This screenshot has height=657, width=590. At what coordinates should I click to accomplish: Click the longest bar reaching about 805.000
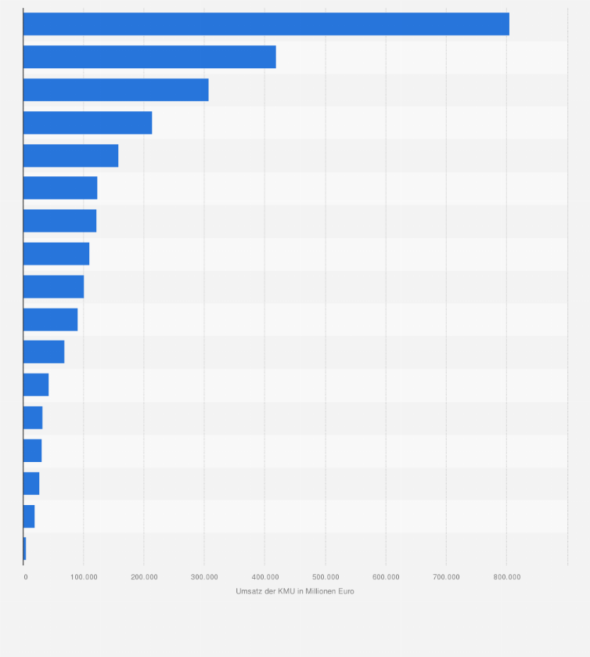click(266, 24)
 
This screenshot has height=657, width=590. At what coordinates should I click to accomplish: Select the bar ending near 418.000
click(149, 57)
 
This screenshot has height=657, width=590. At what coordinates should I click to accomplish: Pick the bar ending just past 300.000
click(116, 90)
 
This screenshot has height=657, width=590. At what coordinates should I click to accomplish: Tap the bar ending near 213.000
click(88, 123)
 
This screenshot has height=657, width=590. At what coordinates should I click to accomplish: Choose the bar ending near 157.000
click(70, 156)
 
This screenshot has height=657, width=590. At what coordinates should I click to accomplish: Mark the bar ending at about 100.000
click(53, 287)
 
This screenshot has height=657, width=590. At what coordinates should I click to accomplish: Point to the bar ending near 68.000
click(44, 352)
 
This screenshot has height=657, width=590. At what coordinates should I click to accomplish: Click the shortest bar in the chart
click(25, 549)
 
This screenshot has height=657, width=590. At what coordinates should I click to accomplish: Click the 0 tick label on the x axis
click(26, 577)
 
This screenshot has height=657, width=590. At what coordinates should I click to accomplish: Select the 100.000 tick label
click(84, 577)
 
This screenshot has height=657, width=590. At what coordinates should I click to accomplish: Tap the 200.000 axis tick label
click(144, 577)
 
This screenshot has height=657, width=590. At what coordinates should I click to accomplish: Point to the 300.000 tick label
click(204, 577)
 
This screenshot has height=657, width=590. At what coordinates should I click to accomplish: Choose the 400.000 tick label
click(264, 577)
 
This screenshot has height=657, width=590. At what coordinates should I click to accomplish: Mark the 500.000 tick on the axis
click(326, 577)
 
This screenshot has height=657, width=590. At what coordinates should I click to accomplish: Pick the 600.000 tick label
click(386, 577)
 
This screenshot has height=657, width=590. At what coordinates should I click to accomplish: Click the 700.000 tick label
click(446, 577)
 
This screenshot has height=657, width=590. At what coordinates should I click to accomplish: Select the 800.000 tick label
click(507, 577)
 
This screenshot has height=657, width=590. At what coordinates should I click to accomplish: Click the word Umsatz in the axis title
click(248, 591)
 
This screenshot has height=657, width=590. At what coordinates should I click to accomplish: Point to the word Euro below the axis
click(345, 591)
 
